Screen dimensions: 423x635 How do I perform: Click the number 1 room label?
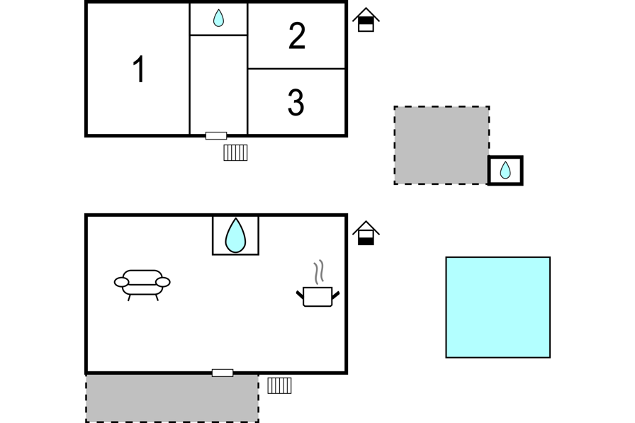(x=139, y=69)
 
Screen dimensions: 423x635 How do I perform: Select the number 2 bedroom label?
(x=297, y=36)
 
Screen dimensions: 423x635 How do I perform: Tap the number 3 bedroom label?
(x=296, y=103)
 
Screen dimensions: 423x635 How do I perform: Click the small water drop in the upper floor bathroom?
(x=218, y=18)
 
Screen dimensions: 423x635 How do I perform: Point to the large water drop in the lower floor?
(x=235, y=235)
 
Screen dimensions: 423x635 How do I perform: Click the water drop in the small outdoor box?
(x=505, y=170)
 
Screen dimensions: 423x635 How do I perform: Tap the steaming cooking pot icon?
(x=317, y=296)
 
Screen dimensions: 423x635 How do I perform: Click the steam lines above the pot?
(x=320, y=271)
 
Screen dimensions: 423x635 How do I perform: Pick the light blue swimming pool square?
(x=498, y=307)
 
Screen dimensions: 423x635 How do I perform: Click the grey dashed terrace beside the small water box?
(x=442, y=145)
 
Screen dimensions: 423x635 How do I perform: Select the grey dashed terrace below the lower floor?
(x=172, y=398)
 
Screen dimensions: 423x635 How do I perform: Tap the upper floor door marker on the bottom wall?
(x=216, y=135)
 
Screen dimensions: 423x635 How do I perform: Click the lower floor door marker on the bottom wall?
(x=223, y=373)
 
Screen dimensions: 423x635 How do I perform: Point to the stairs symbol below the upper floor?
(x=235, y=152)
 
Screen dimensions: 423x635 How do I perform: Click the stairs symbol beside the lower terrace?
(x=279, y=385)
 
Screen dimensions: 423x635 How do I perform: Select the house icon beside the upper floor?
(x=366, y=20)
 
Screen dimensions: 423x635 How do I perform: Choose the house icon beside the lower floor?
(x=366, y=234)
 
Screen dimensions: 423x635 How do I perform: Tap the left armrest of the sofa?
(x=122, y=282)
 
